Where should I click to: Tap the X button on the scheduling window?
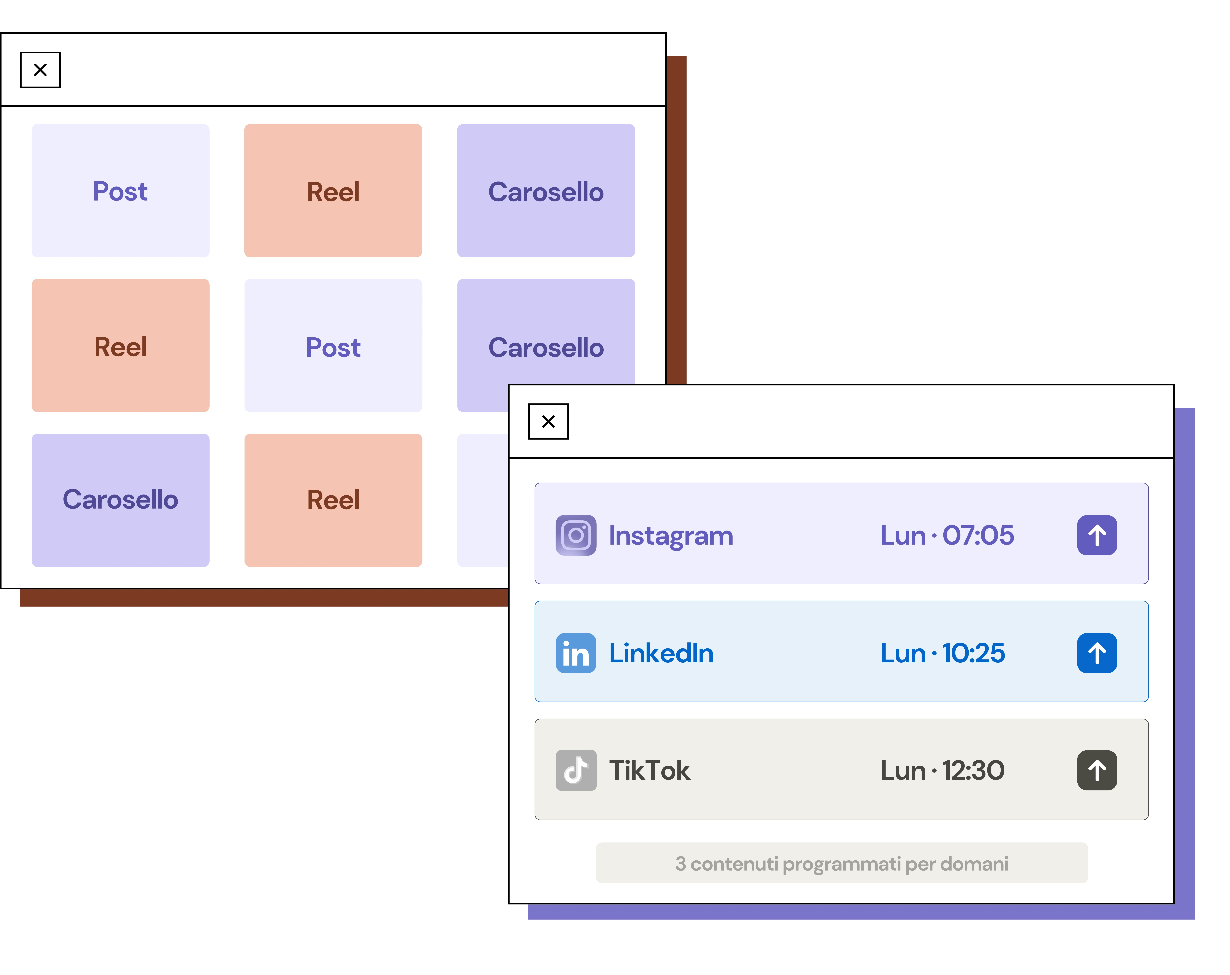click(x=548, y=422)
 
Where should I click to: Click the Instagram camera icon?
click(x=576, y=535)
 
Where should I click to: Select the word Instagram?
click(x=671, y=536)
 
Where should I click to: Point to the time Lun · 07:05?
click(x=947, y=535)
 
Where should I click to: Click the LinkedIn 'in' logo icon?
click(x=576, y=653)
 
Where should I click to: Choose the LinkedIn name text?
click(x=661, y=653)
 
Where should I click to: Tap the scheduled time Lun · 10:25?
click(x=943, y=653)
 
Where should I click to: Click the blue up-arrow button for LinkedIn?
click(x=1096, y=653)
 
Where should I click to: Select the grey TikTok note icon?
click(x=576, y=770)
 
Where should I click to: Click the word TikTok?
click(x=649, y=770)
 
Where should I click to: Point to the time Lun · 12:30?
click(x=943, y=770)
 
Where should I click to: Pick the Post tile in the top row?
click(x=120, y=191)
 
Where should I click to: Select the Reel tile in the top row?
click(x=333, y=191)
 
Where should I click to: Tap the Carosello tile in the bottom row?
click(x=120, y=500)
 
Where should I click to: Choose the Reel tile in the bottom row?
click(x=333, y=500)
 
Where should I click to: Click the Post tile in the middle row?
click(x=333, y=346)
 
